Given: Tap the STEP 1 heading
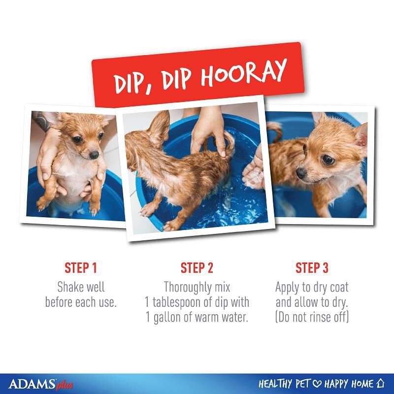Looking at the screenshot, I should (81, 268).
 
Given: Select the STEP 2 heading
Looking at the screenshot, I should (197, 268).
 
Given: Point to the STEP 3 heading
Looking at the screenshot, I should (312, 268).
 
